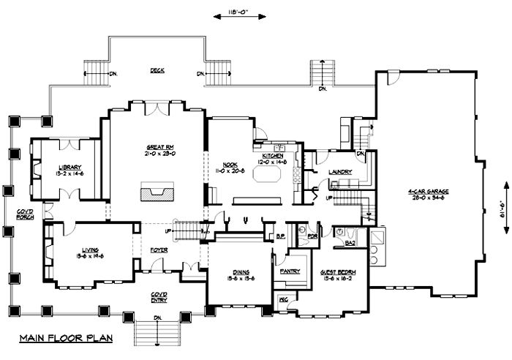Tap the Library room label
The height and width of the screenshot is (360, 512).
click(69, 167)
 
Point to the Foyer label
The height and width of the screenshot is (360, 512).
click(159, 248)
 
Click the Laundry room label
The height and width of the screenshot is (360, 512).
click(342, 173)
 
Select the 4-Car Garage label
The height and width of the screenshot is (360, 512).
click(429, 192)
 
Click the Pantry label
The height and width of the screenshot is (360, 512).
click(290, 271)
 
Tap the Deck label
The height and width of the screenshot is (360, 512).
click(157, 71)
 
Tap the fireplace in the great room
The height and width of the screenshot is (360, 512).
click(157, 193)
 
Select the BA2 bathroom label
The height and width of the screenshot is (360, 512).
click(350, 243)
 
